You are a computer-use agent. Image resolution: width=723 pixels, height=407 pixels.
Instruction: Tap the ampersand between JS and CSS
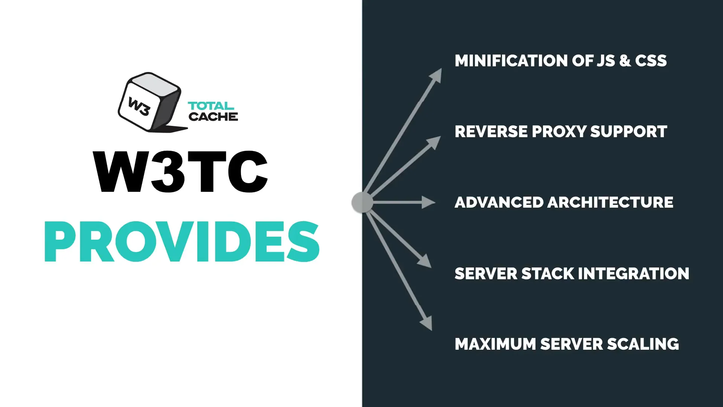pos(625,61)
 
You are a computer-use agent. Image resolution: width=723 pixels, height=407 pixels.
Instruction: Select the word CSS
pos(651,61)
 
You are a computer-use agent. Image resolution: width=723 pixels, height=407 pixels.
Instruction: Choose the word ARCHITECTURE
pos(610,202)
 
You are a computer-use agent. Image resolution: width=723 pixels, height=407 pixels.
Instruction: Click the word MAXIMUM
pos(495,344)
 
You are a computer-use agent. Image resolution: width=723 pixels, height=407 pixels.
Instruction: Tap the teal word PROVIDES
pos(182,242)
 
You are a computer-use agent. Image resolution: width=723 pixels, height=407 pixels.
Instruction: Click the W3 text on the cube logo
pos(139,106)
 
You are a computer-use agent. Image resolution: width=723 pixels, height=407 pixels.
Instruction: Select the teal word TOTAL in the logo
pos(211,106)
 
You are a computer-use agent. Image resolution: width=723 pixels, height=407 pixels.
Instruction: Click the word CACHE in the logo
pos(213,116)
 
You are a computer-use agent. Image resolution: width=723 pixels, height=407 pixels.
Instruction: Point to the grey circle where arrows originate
pos(362,202)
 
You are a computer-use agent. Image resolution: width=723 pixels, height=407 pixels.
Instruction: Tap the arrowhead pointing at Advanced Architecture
pos(429,202)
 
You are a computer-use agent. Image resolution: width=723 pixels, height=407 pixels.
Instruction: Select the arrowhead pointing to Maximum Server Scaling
pos(427,323)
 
